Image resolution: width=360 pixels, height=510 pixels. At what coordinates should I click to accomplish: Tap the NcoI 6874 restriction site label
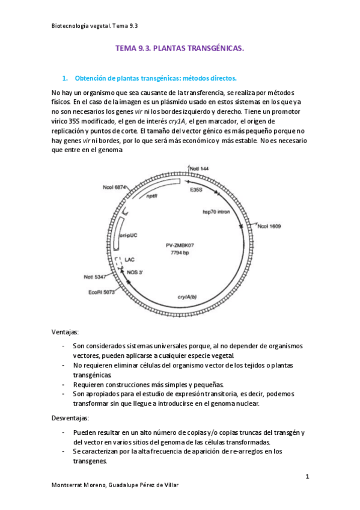(114, 187)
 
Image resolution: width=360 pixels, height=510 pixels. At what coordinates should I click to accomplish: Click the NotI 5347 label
(97, 277)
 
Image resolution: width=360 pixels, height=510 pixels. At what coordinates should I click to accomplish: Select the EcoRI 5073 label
(101, 293)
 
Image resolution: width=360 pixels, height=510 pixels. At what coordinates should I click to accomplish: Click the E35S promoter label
(196, 190)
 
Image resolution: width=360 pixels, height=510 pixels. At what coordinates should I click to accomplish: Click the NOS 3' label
(135, 272)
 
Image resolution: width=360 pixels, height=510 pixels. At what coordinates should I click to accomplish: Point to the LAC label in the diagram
(129, 260)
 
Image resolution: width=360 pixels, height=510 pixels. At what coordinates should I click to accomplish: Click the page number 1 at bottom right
(307, 477)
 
